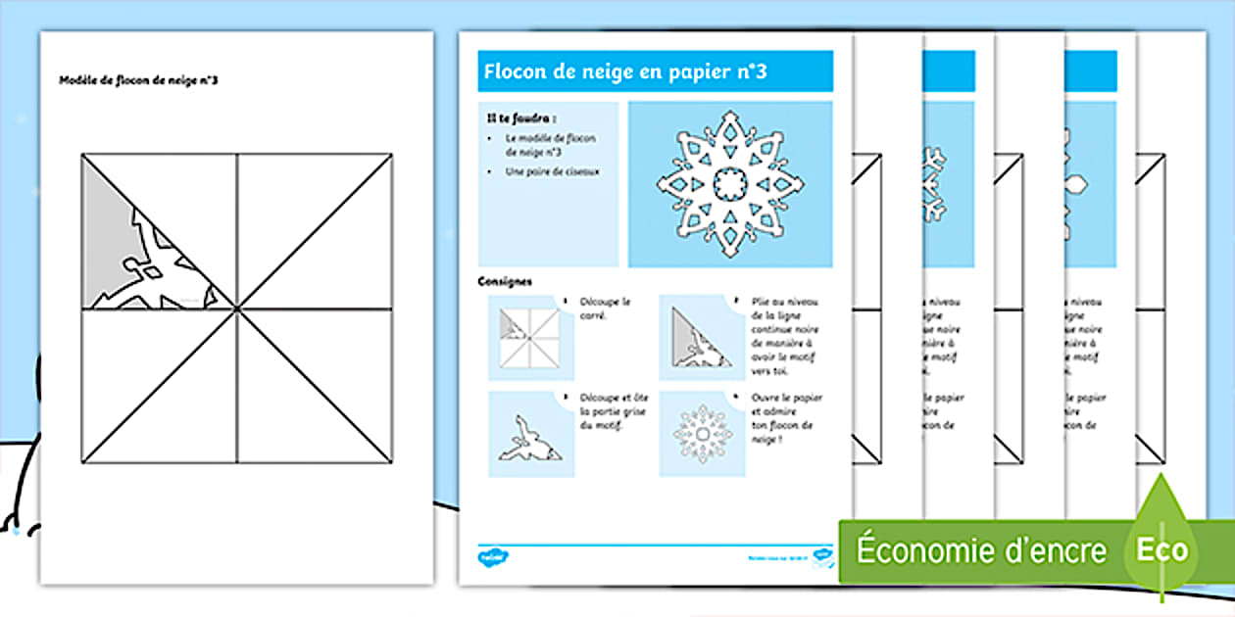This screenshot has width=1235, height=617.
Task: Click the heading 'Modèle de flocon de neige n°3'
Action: click(139, 80)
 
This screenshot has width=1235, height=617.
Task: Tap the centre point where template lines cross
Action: click(237, 308)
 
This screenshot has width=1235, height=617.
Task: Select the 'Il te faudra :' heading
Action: click(514, 118)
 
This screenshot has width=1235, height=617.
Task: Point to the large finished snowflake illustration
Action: click(730, 183)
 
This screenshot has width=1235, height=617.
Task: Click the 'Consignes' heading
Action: click(505, 281)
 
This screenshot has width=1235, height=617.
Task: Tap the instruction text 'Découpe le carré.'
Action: click(605, 309)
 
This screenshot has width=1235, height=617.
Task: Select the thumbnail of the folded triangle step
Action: click(700, 338)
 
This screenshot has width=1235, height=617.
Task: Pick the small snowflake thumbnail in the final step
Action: click(700, 434)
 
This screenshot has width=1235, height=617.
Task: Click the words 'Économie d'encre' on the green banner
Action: click(981, 550)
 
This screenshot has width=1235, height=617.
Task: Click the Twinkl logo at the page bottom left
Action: click(492, 557)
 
